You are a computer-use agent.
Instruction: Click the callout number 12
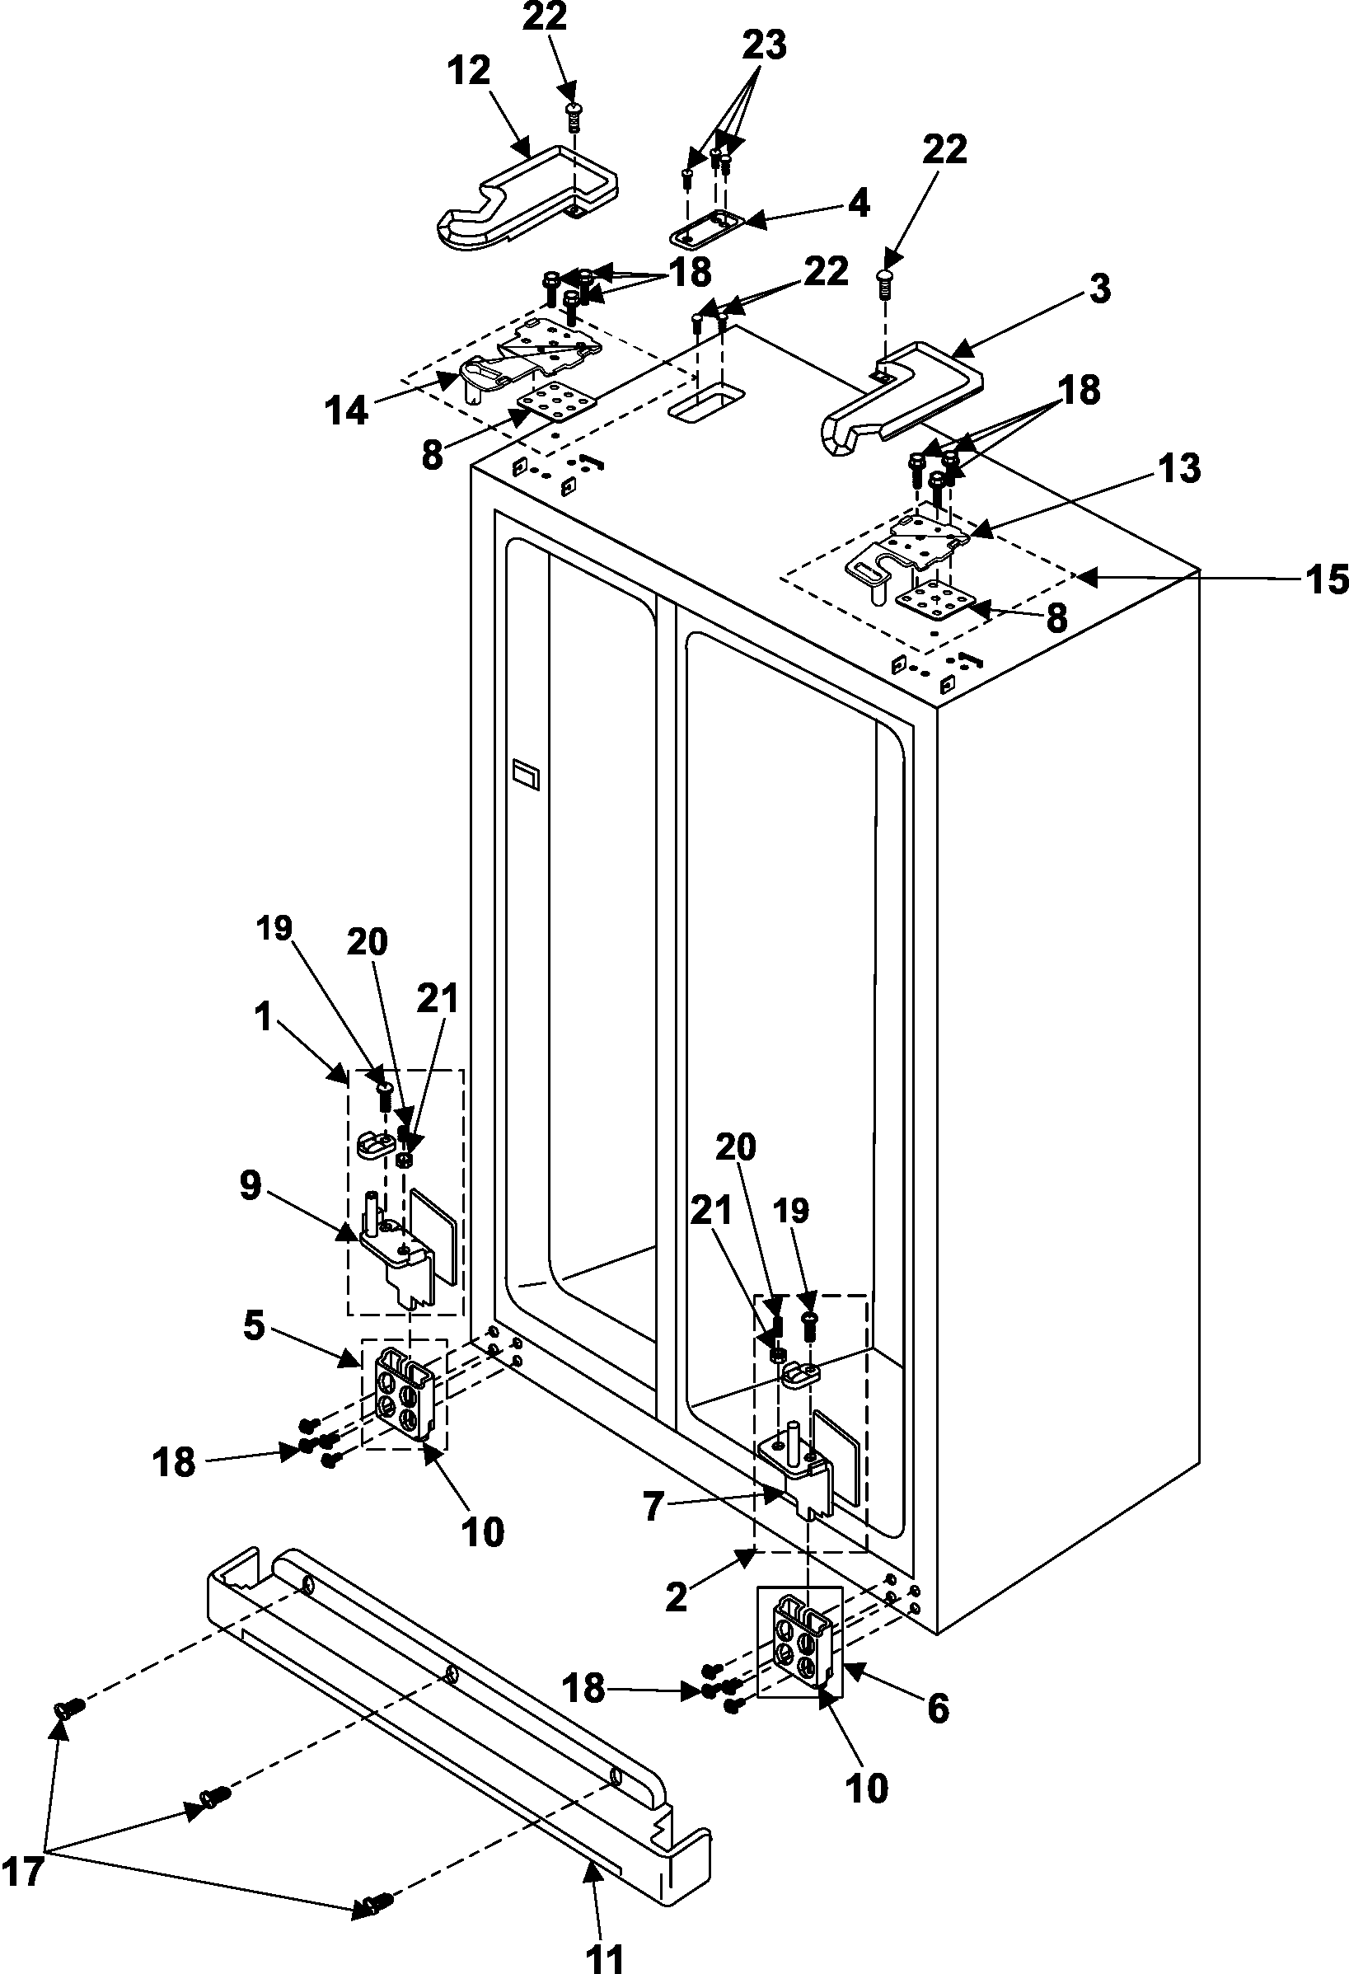(x=469, y=72)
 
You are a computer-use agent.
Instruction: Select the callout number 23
(x=764, y=45)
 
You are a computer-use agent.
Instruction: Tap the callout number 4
(x=859, y=204)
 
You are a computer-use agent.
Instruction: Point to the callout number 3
(x=1099, y=288)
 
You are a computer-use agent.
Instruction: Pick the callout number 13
(x=1180, y=469)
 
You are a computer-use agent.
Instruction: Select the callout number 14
(x=347, y=411)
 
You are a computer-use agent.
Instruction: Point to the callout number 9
(x=251, y=1186)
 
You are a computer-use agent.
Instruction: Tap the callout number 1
(x=265, y=1016)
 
